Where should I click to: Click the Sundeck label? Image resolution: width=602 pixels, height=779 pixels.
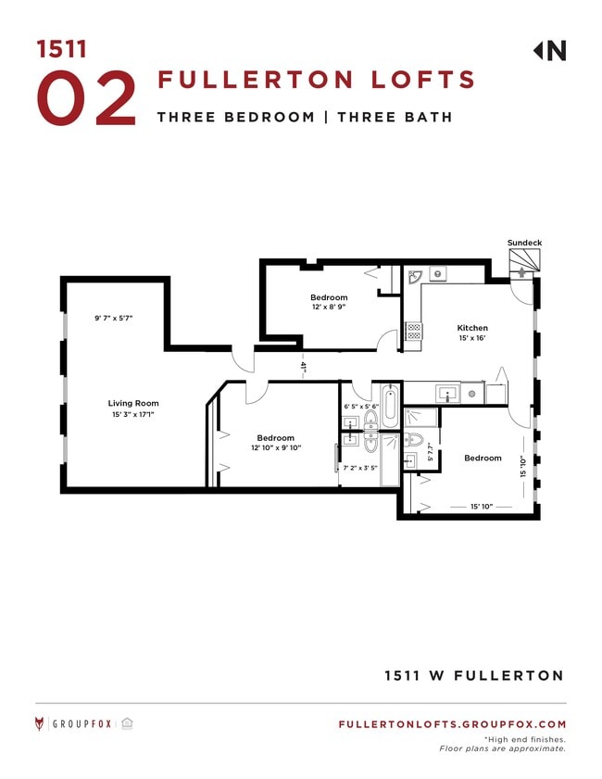tap(524, 243)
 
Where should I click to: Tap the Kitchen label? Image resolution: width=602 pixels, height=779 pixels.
tap(472, 328)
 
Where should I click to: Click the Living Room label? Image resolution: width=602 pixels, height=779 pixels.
tap(133, 403)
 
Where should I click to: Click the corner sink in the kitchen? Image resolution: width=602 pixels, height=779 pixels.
tap(415, 275)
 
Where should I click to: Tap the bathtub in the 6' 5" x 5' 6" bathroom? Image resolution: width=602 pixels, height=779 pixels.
tap(390, 408)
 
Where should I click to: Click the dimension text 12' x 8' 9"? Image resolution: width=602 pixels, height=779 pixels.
tap(329, 308)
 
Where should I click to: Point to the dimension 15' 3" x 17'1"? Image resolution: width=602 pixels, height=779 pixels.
tap(133, 415)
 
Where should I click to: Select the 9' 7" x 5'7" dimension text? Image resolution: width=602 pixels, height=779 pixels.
tap(114, 318)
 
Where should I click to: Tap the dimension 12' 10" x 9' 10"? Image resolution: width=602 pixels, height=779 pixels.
tap(276, 449)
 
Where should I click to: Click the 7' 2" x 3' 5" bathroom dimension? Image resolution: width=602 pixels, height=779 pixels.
tap(359, 468)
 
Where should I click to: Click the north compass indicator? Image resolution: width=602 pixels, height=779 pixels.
tap(549, 51)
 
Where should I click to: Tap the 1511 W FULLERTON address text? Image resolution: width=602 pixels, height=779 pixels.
tap(473, 675)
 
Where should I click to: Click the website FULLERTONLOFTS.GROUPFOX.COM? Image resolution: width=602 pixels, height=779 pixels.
tap(452, 724)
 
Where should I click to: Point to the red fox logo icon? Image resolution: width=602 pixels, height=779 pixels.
tap(40, 724)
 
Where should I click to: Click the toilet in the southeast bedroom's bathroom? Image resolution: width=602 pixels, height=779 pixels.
tap(415, 439)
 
